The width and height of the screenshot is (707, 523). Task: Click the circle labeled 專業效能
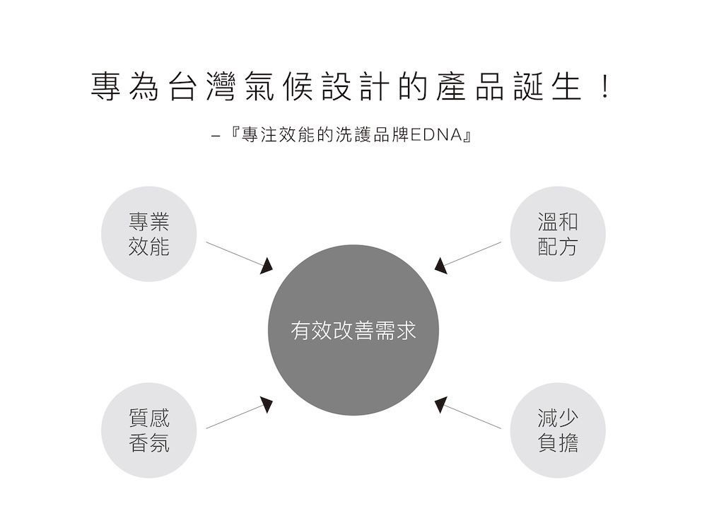click(x=148, y=234)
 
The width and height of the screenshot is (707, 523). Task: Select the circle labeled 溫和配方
click(x=558, y=234)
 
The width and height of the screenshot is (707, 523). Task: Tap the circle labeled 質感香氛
click(x=148, y=430)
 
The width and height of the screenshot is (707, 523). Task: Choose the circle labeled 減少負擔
click(x=558, y=430)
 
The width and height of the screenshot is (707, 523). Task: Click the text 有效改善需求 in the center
click(x=353, y=331)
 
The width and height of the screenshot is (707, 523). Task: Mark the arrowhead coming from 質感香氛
click(x=267, y=404)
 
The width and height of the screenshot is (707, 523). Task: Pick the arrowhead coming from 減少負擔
click(x=440, y=404)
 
